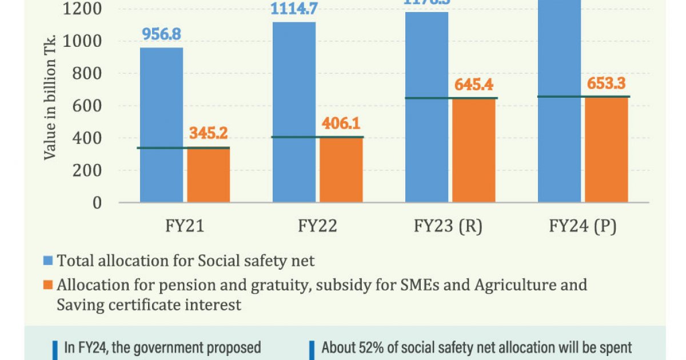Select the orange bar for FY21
pyautogui.click(x=209, y=175)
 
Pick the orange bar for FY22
pyautogui.click(x=341, y=170)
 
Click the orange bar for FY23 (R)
pyautogui.click(x=473, y=150)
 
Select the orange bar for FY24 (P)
pyautogui.click(x=606, y=149)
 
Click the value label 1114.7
pyautogui.click(x=294, y=10)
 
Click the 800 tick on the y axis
pyautogui.click(x=86, y=74)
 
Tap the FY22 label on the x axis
pyautogui.click(x=317, y=226)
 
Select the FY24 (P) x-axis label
pyautogui.click(x=582, y=226)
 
